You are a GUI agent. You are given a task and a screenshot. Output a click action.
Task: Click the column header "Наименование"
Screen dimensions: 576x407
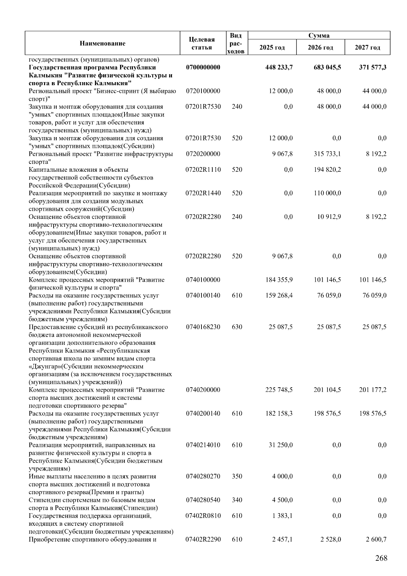pos(102,43)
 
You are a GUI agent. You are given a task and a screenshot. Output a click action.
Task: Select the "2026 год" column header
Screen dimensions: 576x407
pos(320,48)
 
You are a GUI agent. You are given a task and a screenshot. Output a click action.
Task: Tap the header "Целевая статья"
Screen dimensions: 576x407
pos(202,43)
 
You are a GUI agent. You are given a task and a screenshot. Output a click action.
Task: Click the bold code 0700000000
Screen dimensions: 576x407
pos(203,68)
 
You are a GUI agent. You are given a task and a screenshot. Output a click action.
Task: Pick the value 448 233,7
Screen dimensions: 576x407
pos(279,68)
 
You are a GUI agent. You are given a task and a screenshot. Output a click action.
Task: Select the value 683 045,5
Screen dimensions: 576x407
pos(327,68)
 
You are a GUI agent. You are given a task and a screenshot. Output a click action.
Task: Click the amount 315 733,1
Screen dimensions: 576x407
pos(327,154)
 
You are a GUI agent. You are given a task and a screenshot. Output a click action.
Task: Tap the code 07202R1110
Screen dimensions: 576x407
pos(203,170)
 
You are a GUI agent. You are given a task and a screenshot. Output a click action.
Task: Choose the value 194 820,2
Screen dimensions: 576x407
pos(327,170)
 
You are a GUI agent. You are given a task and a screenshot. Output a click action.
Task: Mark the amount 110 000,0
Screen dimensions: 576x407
pos(327,193)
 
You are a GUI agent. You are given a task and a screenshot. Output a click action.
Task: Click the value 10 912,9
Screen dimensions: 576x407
pos(329,217)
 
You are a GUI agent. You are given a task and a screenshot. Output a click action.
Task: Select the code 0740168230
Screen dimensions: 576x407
pos(203,327)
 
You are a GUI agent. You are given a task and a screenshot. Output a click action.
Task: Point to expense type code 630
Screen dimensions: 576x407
pos(237,327)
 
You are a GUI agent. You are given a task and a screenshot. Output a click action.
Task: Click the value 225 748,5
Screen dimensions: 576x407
pos(279,390)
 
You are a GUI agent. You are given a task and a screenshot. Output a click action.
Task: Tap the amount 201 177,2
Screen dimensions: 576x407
pos(372,390)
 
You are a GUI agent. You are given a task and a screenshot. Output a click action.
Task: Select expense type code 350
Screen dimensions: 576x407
pos(237,477)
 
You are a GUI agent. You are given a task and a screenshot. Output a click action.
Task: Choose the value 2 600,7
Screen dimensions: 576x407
pos(376,540)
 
